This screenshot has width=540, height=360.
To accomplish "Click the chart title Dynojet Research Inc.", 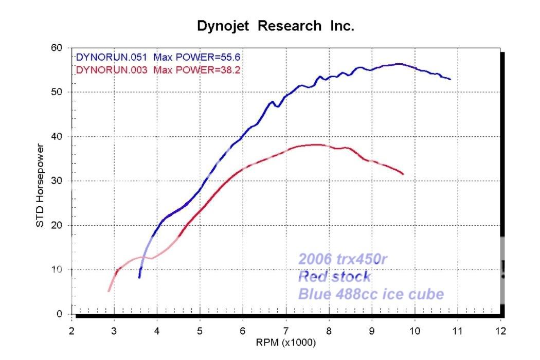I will click(x=276, y=27).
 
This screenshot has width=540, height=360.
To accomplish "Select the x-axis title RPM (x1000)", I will click(x=286, y=341).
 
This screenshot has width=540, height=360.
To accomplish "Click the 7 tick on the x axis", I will click(x=285, y=330).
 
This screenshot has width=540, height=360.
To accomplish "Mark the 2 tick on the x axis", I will click(x=71, y=330).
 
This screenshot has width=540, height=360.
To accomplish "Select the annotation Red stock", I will click(x=334, y=277).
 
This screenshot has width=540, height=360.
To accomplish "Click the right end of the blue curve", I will click(x=450, y=79).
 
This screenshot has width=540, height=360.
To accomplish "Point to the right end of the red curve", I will click(x=403, y=174).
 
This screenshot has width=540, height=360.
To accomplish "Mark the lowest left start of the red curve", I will click(x=109, y=291).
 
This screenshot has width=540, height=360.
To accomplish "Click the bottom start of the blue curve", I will click(x=139, y=277).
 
